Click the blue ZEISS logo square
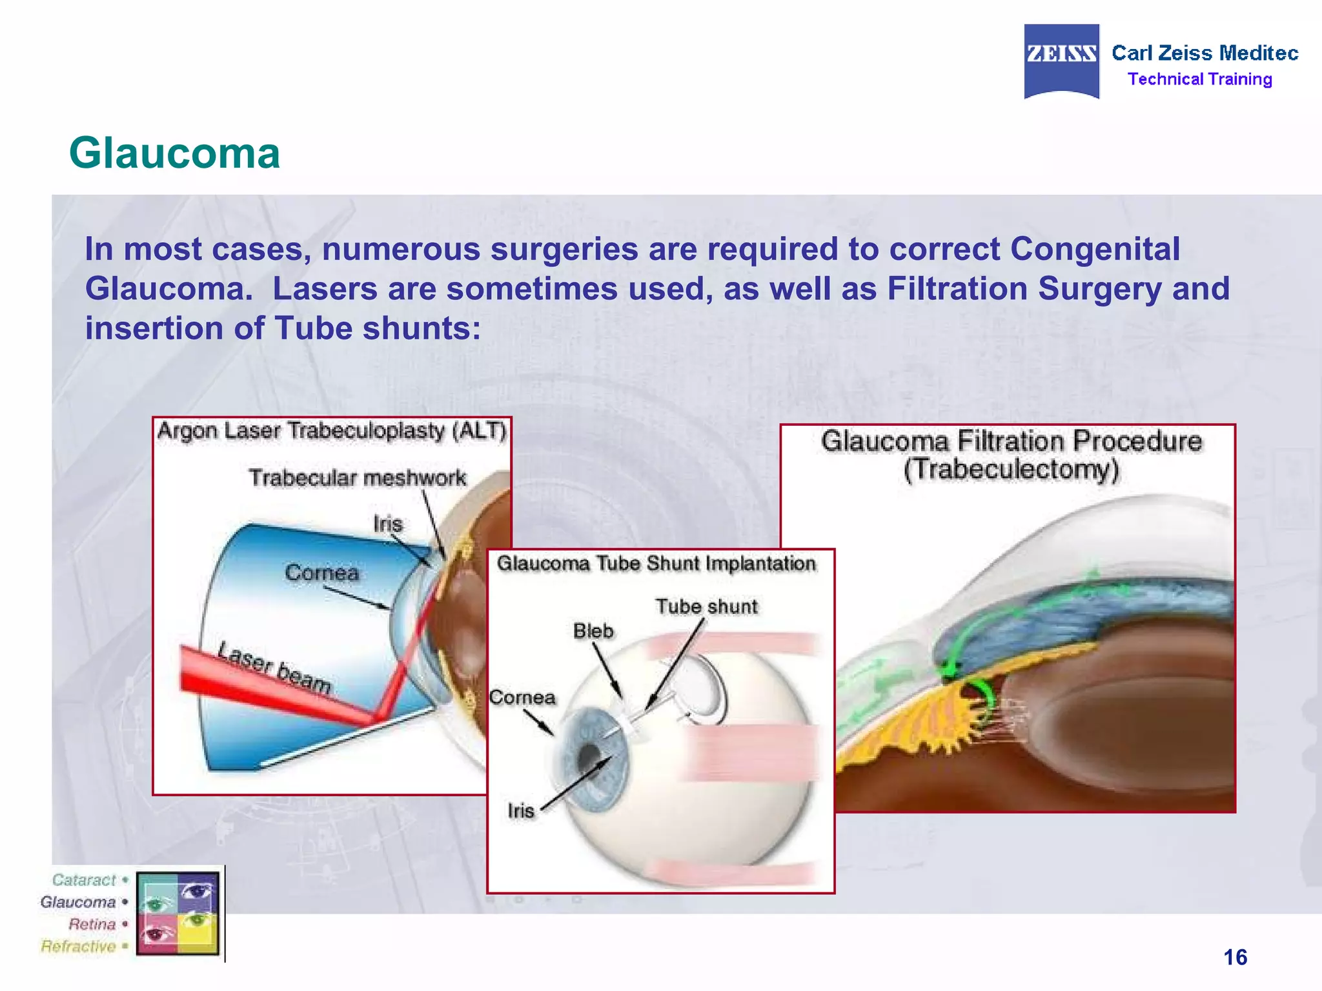pyautogui.click(x=1061, y=61)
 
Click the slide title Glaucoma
pyautogui.click(x=174, y=154)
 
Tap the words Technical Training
pyautogui.click(x=1199, y=79)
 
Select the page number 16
pyautogui.click(x=1235, y=957)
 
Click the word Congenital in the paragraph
pyautogui.click(x=1095, y=249)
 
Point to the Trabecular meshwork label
pyautogui.click(x=357, y=478)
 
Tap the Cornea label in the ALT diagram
pyautogui.click(x=321, y=572)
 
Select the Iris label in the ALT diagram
pyautogui.click(x=387, y=524)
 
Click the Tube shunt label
pyautogui.click(x=706, y=606)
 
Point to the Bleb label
pyautogui.click(x=593, y=631)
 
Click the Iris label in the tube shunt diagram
pyautogui.click(x=520, y=810)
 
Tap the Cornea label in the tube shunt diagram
pyautogui.click(x=522, y=697)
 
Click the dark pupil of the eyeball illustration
pyautogui.click(x=588, y=756)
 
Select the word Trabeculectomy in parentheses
pyautogui.click(x=1011, y=470)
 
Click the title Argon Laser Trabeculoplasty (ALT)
pyautogui.click(x=332, y=431)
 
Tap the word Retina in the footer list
pyautogui.click(x=92, y=924)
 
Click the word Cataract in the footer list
pyautogui.click(x=84, y=880)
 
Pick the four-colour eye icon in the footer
pyautogui.click(x=178, y=913)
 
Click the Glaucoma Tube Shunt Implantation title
pyautogui.click(x=656, y=563)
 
